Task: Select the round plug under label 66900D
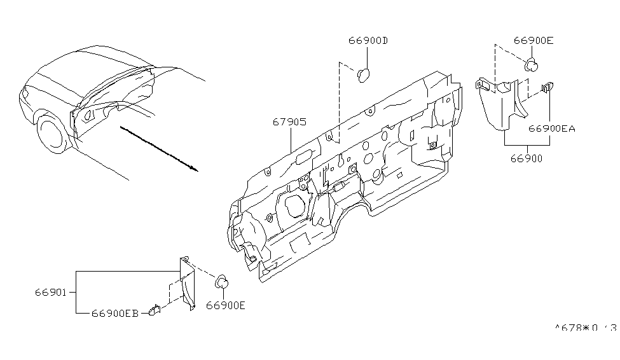tap(364, 74)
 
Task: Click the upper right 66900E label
tap(533, 41)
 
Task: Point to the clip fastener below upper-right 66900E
tap(532, 64)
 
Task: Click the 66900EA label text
tap(551, 128)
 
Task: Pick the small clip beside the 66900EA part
tap(547, 87)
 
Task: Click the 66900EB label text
tap(114, 313)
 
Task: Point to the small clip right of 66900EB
tap(153, 311)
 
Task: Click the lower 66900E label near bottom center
tap(226, 305)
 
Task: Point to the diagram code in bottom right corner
tap(584, 328)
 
